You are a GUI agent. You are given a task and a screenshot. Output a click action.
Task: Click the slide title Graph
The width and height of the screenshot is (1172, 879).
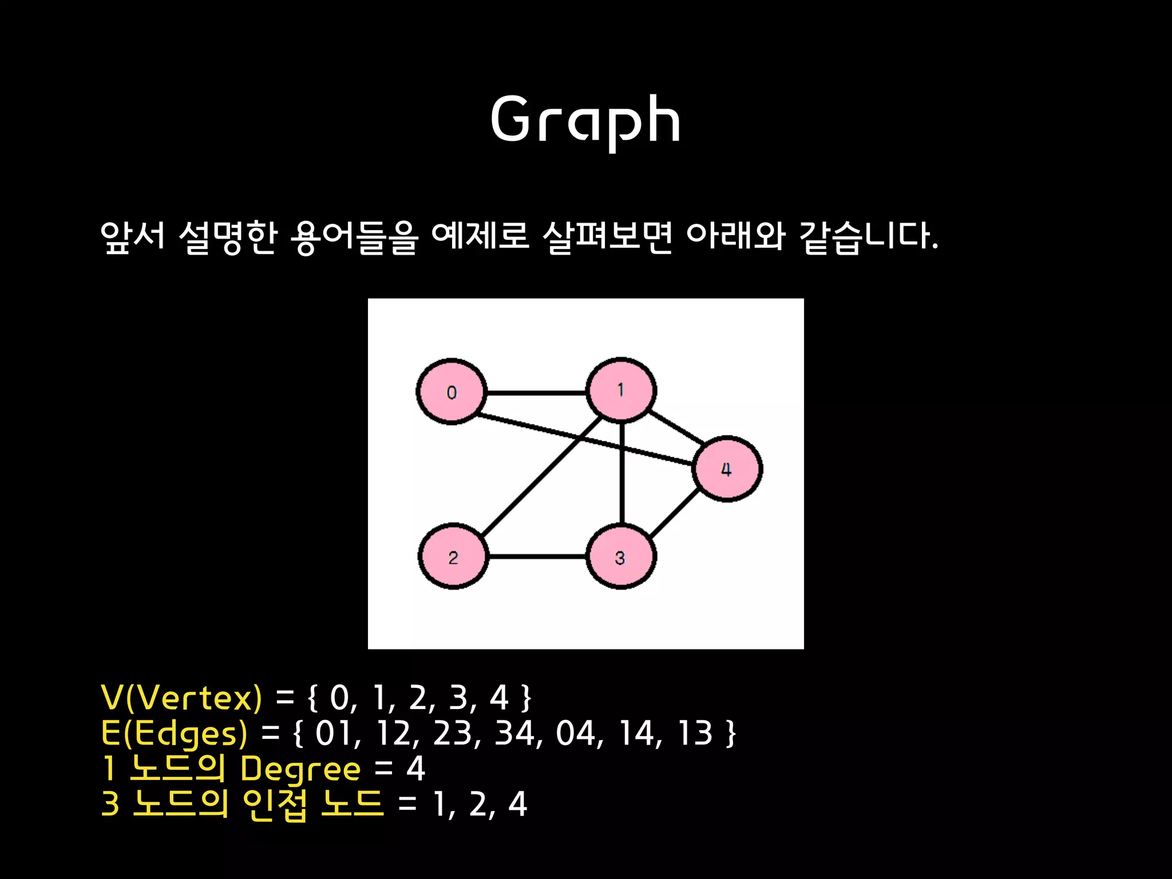(585, 120)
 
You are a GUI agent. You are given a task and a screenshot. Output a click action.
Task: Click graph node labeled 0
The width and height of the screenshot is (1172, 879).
(452, 392)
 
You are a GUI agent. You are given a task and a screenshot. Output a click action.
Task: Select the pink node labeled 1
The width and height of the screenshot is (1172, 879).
(621, 390)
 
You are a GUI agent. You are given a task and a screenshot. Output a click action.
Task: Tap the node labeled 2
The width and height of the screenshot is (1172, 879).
(453, 556)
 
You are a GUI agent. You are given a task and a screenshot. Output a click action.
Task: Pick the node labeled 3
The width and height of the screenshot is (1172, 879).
(621, 557)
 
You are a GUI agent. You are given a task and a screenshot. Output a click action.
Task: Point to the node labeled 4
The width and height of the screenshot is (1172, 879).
(727, 469)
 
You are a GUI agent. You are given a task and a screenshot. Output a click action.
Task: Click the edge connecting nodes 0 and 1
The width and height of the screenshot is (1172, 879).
(536, 393)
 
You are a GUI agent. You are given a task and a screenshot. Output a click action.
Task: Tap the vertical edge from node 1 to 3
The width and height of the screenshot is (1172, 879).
(622, 474)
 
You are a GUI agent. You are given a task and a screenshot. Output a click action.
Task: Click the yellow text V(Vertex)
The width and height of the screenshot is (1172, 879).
(181, 698)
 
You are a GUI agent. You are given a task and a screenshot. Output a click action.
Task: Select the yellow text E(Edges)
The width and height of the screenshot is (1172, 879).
(174, 733)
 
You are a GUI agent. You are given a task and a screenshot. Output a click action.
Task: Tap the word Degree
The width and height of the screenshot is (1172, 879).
(300, 769)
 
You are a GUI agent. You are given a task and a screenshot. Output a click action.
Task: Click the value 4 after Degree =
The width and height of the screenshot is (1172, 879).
(415, 769)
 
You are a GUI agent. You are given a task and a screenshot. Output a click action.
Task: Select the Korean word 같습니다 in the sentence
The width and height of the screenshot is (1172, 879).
(868, 236)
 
